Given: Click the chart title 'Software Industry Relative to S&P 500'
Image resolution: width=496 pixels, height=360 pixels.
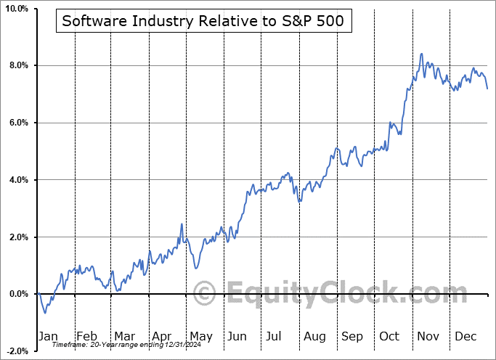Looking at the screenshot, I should point(203,21).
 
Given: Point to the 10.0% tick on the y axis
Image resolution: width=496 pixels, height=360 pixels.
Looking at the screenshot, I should point(15,9).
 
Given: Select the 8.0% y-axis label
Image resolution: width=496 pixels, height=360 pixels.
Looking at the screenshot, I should point(17,66).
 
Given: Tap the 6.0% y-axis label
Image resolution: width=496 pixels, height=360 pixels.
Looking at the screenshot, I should point(17,123).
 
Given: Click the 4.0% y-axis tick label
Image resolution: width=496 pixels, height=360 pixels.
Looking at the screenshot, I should point(17,180).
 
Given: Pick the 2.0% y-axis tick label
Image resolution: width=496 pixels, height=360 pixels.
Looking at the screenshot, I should point(17,237).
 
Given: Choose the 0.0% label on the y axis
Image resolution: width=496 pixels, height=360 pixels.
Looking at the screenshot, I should point(17,294).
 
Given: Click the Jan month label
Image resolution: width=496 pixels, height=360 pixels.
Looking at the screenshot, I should point(49,336).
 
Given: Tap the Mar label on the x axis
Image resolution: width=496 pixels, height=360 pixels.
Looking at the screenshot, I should point(123,336).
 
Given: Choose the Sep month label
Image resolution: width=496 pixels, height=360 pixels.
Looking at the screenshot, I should point(352,336).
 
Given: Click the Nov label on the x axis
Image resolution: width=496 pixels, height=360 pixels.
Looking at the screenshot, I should point(428,336).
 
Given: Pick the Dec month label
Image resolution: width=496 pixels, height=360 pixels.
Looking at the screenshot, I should point(465,336).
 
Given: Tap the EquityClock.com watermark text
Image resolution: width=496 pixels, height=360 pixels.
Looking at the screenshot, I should point(338,294).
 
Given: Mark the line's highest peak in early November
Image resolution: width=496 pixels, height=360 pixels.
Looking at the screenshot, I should point(421,54).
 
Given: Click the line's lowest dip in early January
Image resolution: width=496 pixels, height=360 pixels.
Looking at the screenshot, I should point(45,313).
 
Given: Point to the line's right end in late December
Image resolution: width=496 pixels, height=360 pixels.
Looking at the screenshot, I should point(487,89).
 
